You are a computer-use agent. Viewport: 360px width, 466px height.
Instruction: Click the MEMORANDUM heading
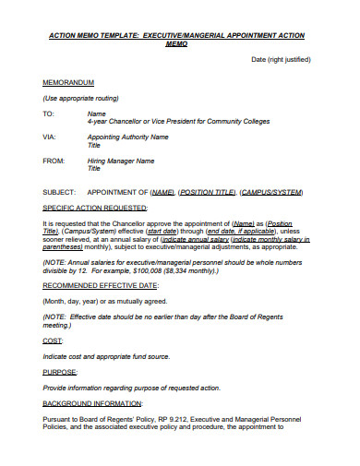[x=68, y=82]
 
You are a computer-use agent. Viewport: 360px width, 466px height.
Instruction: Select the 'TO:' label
[x=49, y=114]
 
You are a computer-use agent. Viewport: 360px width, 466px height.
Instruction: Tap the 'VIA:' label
[x=49, y=137]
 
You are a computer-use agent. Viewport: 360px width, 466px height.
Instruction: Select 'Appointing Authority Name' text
[x=127, y=137]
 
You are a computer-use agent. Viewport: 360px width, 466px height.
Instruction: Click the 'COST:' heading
[x=53, y=341]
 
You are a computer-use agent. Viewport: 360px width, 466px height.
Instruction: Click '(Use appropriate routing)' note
[x=84, y=98]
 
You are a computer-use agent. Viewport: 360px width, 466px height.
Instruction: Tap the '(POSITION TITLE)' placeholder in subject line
[x=206, y=192]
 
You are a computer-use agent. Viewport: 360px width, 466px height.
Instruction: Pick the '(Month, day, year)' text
[x=73, y=300]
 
